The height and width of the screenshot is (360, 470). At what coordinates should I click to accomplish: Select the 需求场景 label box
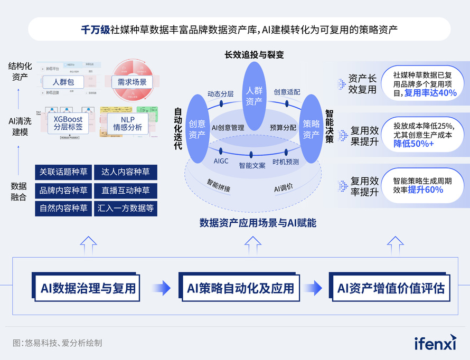(x=129, y=82)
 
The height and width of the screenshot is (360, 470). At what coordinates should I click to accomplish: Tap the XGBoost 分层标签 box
(x=68, y=124)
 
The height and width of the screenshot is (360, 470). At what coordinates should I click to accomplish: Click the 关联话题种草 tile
(x=64, y=172)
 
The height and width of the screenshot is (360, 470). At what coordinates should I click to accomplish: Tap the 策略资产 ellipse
(x=311, y=129)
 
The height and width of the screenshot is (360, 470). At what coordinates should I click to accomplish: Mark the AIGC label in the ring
(x=221, y=161)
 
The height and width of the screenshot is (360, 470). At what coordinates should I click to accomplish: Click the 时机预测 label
(x=286, y=162)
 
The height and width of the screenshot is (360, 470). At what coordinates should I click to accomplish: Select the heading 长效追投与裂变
(x=254, y=54)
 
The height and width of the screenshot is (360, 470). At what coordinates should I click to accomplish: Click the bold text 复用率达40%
(x=430, y=93)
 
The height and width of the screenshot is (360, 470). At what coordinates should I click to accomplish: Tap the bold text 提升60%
(x=425, y=190)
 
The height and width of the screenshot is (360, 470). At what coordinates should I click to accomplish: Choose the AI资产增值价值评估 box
(x=391, y=288)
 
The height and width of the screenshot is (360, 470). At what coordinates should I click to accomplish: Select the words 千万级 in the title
(x=95, y=30)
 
